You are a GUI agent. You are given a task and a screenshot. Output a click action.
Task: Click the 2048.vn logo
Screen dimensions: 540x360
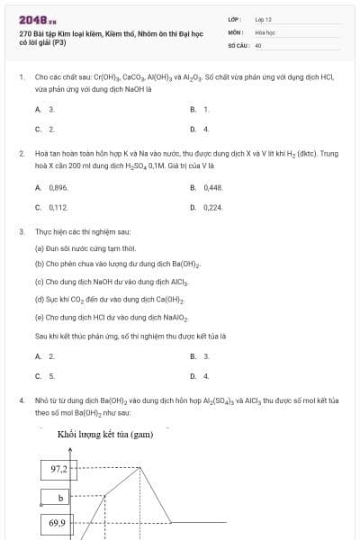pyautogui.click(x=37, y=19)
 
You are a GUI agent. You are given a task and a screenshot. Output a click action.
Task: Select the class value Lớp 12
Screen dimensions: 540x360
pyautogui.click(x=263, y=19)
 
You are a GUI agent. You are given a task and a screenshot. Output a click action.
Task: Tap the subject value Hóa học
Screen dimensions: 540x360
pyautogui.click(x=264, y=31)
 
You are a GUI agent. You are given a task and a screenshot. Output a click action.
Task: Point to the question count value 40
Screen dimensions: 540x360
pyautogui.click(x=258, y=44)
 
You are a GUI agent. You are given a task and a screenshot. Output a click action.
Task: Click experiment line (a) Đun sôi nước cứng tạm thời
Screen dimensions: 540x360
pyautogui.click(x=85, y=247)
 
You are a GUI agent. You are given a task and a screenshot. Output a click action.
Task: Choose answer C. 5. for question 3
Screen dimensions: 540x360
pyautogui.click(x=46, y=376)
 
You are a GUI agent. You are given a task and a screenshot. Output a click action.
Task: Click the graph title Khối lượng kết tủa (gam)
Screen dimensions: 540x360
pyautogui.click(x=105, y=436)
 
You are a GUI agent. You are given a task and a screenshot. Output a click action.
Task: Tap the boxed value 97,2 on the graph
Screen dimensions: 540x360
pyautogui.click(x=59, y=469)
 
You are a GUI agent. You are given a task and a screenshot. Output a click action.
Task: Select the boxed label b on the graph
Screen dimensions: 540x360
pyautogui.click(x=59, y=497)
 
